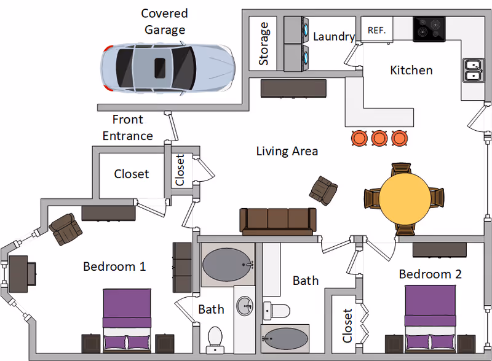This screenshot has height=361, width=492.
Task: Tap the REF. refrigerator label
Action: click(x=376, y=30)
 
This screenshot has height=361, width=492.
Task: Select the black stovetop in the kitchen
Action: click(x=429, y=29)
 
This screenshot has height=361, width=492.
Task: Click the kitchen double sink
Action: click(x=472, y=70)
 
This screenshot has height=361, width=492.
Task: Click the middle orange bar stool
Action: click(x=378, y=138)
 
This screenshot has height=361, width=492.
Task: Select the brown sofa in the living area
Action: click(x=277, y=220)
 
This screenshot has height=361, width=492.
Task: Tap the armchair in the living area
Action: click(x=323, y=190)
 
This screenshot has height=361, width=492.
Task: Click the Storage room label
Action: click(x=264, y=44)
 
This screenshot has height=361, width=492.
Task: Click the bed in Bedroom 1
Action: click(x=126, y=319)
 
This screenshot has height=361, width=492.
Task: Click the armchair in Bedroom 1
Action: click(x=65, y=230)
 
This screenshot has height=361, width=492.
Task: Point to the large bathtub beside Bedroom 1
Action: click(x=228, y=264)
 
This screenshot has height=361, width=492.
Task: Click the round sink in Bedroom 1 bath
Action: click(x=245, y=305)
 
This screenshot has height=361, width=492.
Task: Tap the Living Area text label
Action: click(x=287, y=150)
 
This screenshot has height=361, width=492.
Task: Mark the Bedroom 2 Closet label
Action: click(x=348, y=325)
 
